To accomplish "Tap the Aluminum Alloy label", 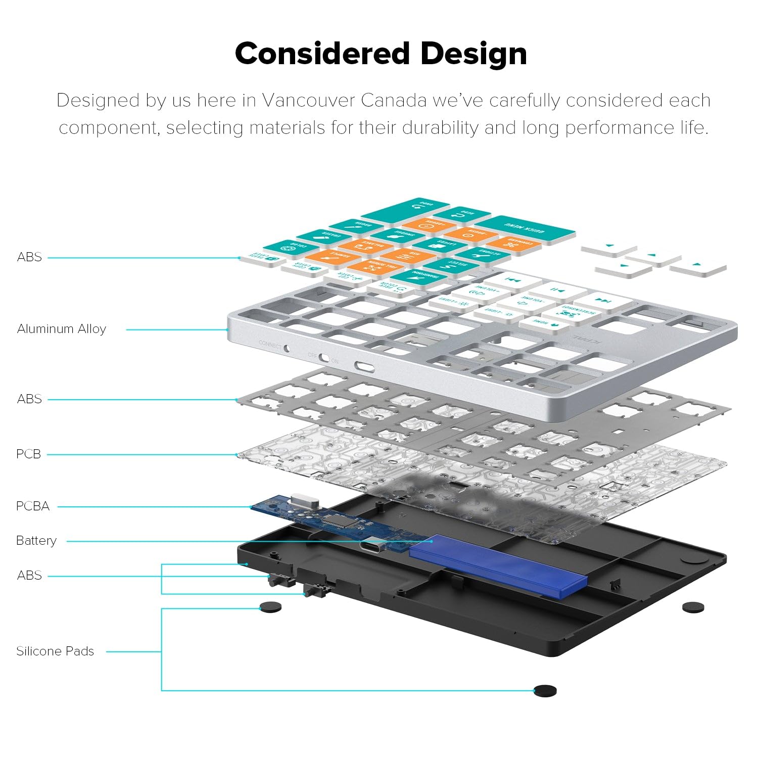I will click(x=62, y=329).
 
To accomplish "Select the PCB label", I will click(x=28, y=454).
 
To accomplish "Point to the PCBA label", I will click(x=33, y=506).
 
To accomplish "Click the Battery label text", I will click(x=36, y=541).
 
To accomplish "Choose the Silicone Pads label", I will click(x=55, y=651).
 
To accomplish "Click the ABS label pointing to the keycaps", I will click(x=29, y=257).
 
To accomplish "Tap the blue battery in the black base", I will click(x=498, y=561).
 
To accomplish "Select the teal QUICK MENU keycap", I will click(x=526, y=229).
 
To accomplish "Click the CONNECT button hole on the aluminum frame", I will click(x=287, y=348).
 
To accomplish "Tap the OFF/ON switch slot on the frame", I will click(x=324, y=359).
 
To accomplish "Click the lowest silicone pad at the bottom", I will click(x=545, y=690).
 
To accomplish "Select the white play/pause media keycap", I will click(x=558, y=291).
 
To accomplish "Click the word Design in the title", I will click(x=473, y=54).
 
